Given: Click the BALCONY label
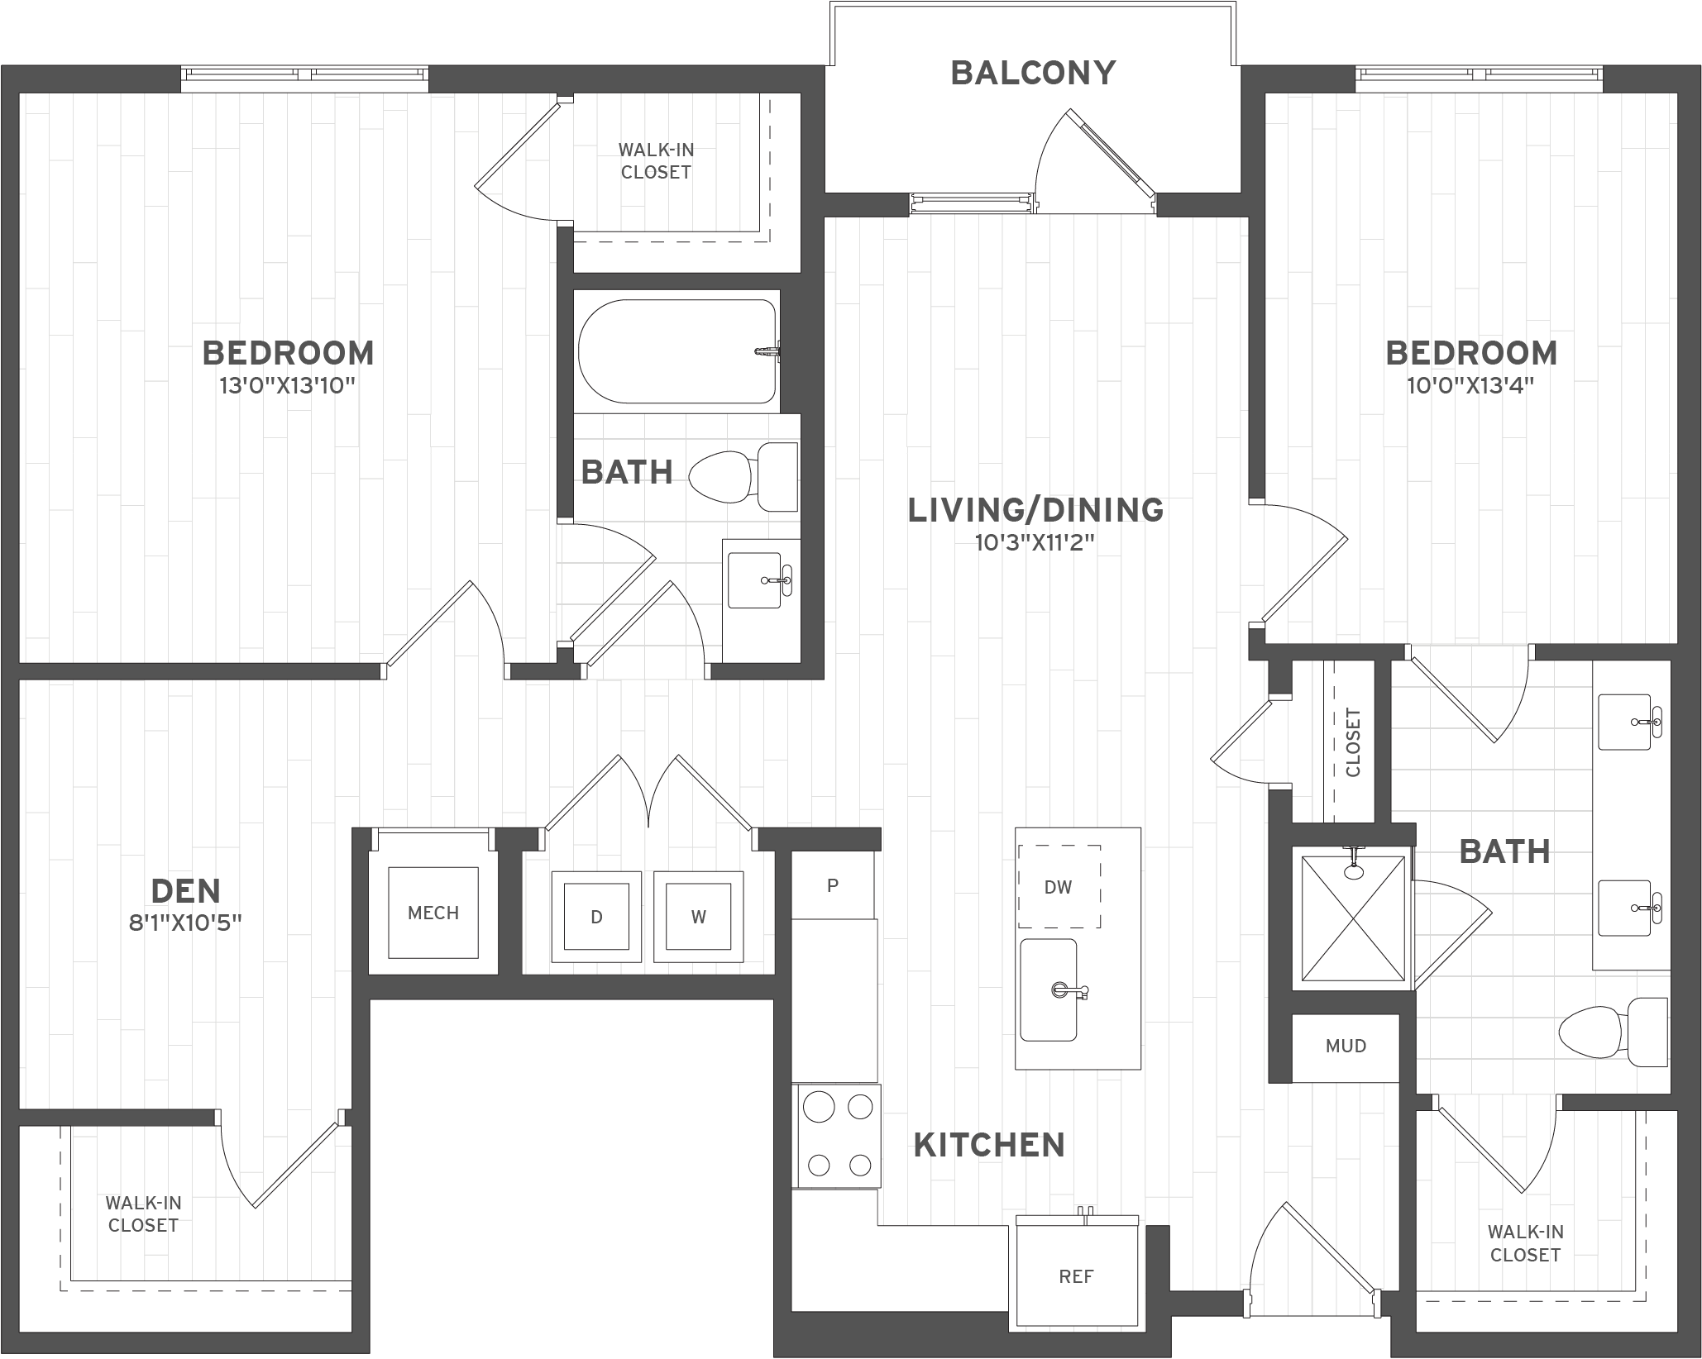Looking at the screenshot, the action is [1033, 73].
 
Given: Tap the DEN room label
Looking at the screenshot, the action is [186, 891].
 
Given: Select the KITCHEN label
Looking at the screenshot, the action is [989, 1145].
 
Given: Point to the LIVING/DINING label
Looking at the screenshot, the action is [1035, 510].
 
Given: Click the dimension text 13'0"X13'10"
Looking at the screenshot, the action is [288, 386].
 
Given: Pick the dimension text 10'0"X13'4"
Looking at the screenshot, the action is [1470, 386].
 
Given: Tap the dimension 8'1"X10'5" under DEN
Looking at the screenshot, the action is [185, 923].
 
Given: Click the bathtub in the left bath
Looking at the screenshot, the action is [677, 350].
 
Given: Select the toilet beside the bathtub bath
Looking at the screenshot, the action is [743, 477].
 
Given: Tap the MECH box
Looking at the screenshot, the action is [433, 913].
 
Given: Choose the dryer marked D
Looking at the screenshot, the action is [596, 917].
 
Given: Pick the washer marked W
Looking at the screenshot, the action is [699, 917].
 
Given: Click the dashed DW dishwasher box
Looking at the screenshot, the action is [1059, 887].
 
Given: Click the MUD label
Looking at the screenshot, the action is [1346, 1047].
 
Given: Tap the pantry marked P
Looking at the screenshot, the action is [833, 885].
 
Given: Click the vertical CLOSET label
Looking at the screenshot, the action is [1353, 742].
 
